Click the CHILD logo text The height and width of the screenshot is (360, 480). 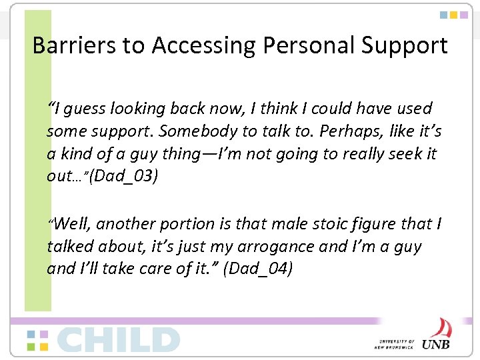(x=118, y=339)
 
